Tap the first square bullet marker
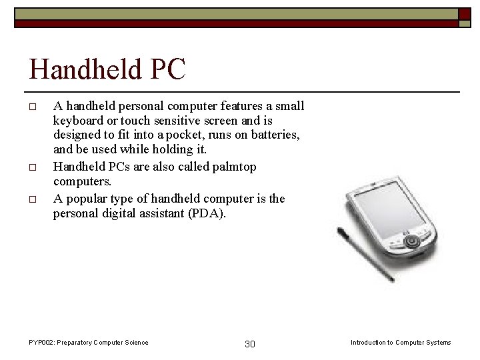[32, 106]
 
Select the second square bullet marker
[32, 167]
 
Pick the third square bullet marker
[32, 199]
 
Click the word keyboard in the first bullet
[77, 121]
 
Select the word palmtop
[233, 167]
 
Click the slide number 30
[250, 344]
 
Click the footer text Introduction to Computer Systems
[400, 343]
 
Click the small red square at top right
[465, 13]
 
